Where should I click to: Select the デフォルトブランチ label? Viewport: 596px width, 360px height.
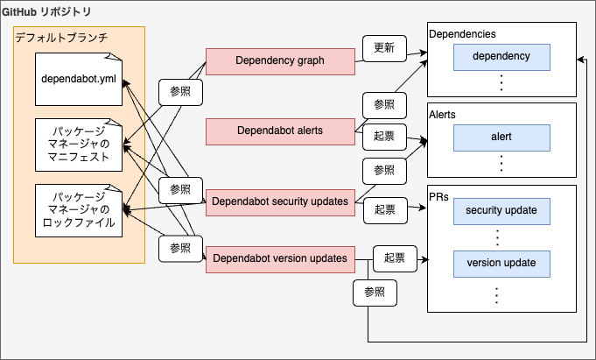point(60,38)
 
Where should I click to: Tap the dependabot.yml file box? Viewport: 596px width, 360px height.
point(79,80)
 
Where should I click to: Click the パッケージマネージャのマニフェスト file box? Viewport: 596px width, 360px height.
point(79,145)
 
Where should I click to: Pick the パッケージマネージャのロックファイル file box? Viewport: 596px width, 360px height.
point(79,210)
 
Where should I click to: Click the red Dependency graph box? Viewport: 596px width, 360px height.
point(280,61)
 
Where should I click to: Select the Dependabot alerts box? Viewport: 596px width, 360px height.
point(280,131)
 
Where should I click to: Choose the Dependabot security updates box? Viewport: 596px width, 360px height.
point(280,201)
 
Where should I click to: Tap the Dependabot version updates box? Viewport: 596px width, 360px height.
point(280,259)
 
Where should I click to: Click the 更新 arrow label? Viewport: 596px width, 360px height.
point(383,48)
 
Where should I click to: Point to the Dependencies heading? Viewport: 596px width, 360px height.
point(463,33)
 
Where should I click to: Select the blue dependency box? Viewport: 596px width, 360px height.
point(501,57)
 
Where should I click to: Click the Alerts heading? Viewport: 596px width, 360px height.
point(443,114)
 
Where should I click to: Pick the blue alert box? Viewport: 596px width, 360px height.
point(501,138)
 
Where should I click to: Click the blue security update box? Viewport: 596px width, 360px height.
point(501,211)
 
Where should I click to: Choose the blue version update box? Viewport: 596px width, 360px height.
point(501,263)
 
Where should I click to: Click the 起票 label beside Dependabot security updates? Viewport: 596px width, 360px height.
point(384,209)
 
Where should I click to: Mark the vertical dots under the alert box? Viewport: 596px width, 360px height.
point(501,163)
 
